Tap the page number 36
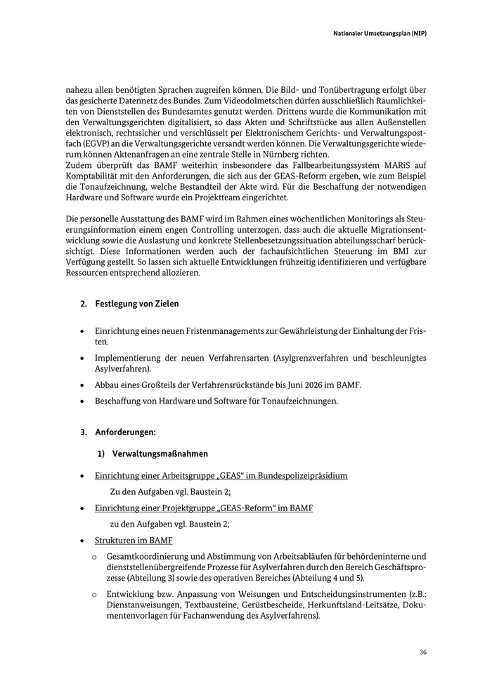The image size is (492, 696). pyautogui.click(x=423, y=652)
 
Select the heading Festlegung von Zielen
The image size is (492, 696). pyautogui.click(x=137, y=304)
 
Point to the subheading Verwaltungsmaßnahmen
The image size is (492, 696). pyautogui.click(x=160, y=454)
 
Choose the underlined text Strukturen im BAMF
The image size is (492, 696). pyautogui.click(x=134, y=541)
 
